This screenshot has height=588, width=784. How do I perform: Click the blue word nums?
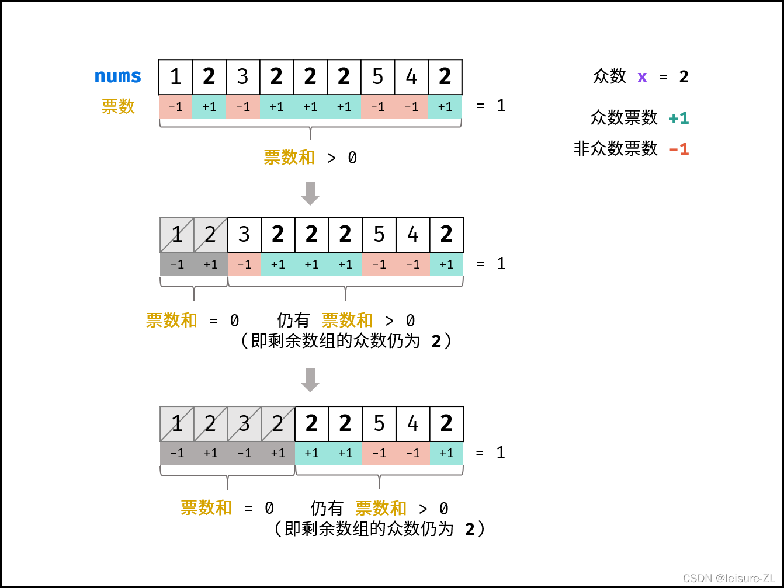point(118,76)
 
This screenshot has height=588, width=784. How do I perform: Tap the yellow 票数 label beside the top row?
point(118,106)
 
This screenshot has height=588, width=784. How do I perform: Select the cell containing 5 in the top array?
point(378,76)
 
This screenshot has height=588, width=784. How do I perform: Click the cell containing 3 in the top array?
point(243,76)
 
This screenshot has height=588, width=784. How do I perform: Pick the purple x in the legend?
point(642,76)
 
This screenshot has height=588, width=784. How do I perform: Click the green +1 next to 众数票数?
point(679,119)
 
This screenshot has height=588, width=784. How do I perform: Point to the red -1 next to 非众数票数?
point(679,149)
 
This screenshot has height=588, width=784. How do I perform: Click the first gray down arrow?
point(310,193)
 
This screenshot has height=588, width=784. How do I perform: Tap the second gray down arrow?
point(310,380)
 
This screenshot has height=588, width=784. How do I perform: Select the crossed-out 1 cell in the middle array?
point(177,235)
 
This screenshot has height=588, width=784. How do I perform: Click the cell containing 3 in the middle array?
point(244,235)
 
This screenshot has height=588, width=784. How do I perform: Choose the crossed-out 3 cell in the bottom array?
point(244,423)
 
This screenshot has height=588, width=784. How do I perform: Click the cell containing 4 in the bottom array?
point(413,423)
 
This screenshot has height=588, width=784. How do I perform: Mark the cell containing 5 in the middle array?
point(379,235)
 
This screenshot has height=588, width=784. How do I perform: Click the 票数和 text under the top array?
point(289,158)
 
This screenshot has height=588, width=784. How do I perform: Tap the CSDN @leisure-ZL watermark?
point(729,578)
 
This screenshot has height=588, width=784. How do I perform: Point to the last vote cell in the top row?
point(445,107)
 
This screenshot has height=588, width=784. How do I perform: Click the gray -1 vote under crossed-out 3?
point(244,453)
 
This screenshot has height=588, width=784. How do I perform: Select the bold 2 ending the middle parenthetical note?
point(436,342)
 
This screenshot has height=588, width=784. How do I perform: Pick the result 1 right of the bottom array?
point(501,453)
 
